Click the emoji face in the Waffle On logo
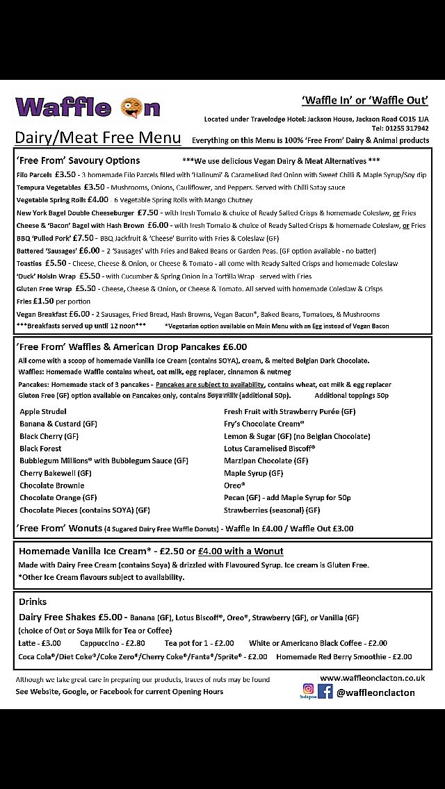[131, 108]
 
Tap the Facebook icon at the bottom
[325, 691]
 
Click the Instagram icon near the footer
[307, 691]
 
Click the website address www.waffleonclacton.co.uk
[372, 678]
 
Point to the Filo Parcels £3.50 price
[65, 174]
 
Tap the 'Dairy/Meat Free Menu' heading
[98, 137]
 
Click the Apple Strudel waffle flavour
[42, 412]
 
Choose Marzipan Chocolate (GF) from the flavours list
[266, 460]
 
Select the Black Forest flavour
[40, 449]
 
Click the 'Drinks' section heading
[33, 601]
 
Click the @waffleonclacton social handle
[375, 692]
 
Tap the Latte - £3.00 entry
[40, 643]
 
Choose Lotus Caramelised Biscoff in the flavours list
[269, 449]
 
